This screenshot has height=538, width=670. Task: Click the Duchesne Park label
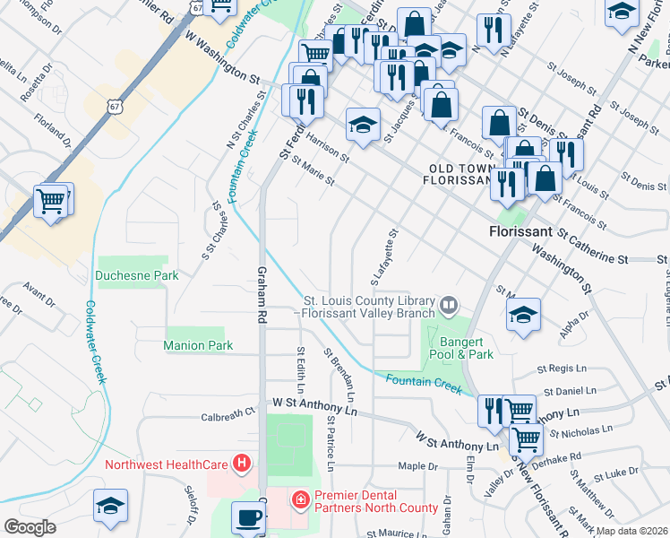[x=138, y=275]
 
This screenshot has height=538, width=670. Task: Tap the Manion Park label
[x=198, y=345]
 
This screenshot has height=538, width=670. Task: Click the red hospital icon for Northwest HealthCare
[x=240, y=464]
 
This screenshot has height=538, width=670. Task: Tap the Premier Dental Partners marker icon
[x=301, y=497]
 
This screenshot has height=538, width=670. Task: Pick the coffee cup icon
[x=248, y=517]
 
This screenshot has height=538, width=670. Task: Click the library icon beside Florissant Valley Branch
[x=448, y=307]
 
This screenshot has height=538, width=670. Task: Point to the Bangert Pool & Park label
[x=466, y=348]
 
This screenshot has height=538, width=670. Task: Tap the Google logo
[x=29, y=526]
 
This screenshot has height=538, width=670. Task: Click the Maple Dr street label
[x=417, y=466]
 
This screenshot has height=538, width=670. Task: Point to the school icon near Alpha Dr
[x=524, y=315]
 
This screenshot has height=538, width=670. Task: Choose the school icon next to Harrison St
[x=363, y=125]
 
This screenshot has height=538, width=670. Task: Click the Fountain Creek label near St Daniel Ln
[x=424, y=383]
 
